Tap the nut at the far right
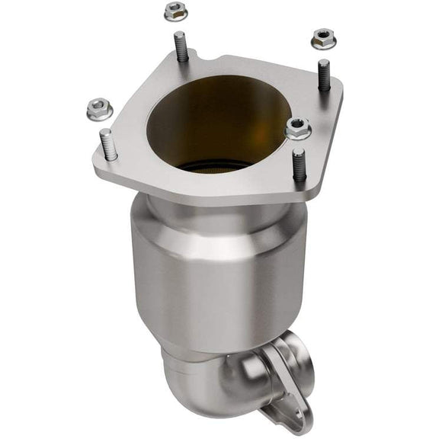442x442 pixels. (x=324, y=36)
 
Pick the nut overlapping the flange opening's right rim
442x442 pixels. (x=298, y=128)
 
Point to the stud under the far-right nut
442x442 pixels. (x=324, y=75)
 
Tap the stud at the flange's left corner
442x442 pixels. (x=108, y=145)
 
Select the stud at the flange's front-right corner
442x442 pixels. (x=299, y=165)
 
